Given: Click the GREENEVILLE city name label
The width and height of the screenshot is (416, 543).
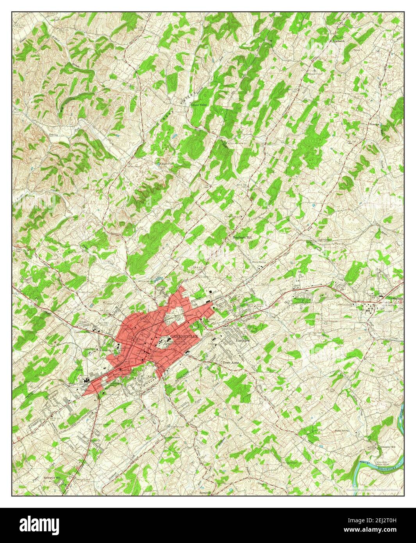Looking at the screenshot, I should point(184,336).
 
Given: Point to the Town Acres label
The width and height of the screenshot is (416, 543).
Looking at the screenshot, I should point(230,363).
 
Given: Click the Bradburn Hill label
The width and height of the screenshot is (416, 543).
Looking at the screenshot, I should point(243,237).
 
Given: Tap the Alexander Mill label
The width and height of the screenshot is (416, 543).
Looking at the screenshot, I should point(388,447).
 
